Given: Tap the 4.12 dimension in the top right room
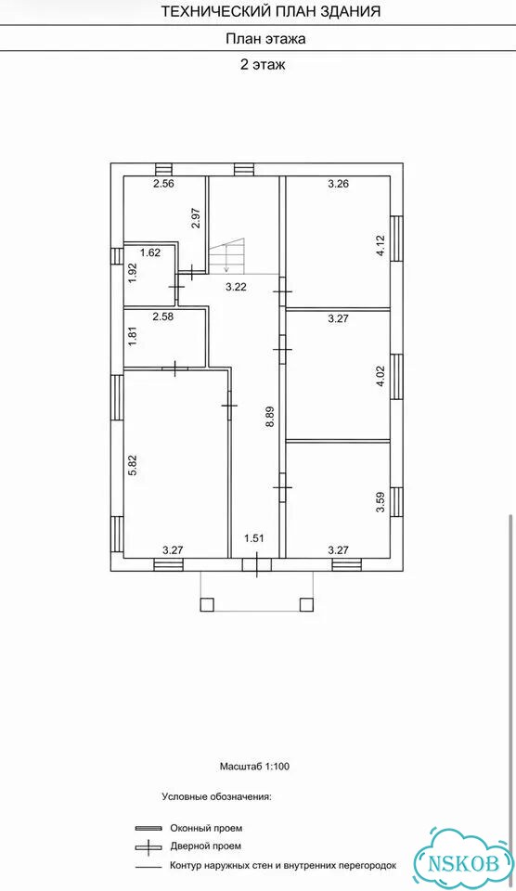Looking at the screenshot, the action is (x=381, y=247).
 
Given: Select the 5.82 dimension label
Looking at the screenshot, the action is (x=133, y=465).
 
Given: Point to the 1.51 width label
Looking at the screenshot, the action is (x=253, y=538).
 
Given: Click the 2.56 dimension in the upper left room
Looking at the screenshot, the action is (x=162, y=183).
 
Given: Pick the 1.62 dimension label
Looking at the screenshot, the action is (x=150, y=253).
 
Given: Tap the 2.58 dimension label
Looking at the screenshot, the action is (x=162, y=316).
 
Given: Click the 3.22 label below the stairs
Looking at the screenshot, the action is (x=236, y=287).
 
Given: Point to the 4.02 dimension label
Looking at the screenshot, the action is (x=381, y=375).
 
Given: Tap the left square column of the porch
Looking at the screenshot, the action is (x=207, y=604).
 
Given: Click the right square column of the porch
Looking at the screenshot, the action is (x=307, y=604).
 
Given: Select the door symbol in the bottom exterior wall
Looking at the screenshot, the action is (x=257, y=565).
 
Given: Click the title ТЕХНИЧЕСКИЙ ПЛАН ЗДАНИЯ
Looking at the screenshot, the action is (x=271, y=11).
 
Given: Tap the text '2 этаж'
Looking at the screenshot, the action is (x=262, y=65).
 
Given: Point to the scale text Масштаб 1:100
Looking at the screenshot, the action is (x=254, y=767).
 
